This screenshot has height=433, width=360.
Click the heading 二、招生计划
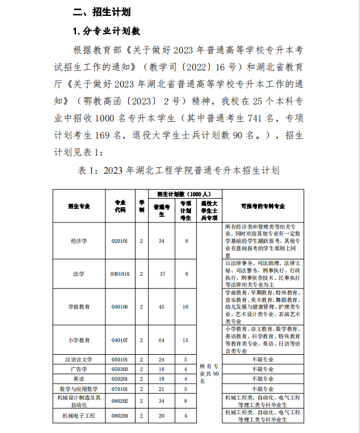[x=101, y=11]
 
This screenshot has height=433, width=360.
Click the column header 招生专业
[x=79, y=207]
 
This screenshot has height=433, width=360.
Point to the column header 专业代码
[x=120, y=206]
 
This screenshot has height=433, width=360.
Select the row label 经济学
[x=79, y=241]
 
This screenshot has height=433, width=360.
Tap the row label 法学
[x=79, y=274]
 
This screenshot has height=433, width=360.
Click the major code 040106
[x=120, y=306]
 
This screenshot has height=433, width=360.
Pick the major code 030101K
[x=120, y=274]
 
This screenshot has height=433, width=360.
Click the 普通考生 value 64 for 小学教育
[x=162, y=340]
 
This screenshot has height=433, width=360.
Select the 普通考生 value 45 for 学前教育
[x=162, y=306]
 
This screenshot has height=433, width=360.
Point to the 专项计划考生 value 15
[x=185, y=340]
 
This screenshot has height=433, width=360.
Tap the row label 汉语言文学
[x=79, y=359]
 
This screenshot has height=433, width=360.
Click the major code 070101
[x=120, y=389]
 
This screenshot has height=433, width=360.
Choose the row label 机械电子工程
[x=79, y=417]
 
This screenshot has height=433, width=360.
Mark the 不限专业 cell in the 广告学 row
[x=262, y=369]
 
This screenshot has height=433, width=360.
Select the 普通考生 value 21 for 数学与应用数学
[x=162, y=389]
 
